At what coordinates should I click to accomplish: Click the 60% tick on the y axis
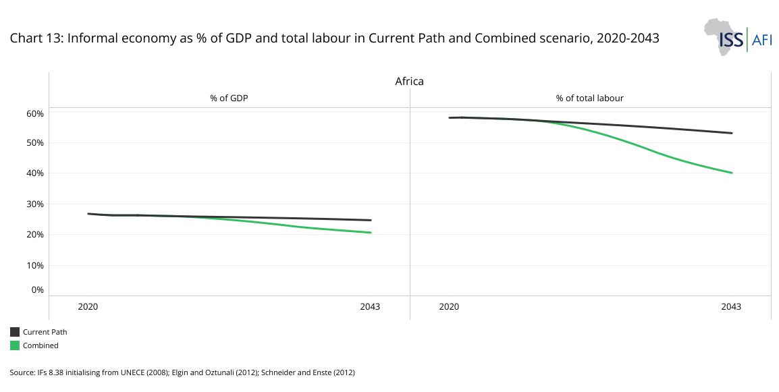(x=35, y=113)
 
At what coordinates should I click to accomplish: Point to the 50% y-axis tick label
(x=35, y=143)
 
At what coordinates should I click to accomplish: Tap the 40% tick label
(x=35, y=173)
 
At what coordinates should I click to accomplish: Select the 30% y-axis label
(x=35, y=204)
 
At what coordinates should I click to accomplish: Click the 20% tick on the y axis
(x=35, y=235)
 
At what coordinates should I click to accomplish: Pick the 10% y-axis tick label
(x=35, y=265)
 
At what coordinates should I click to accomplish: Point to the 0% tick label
(x=37, y=290)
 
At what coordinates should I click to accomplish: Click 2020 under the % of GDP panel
(x=88, y=307)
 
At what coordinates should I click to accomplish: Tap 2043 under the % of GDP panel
(x=370, y=307)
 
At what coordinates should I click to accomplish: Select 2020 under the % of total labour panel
(x=449, y=307)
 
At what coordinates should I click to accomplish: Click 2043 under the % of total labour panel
(x=731, y=307)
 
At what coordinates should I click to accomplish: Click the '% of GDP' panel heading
(x=229, y=99)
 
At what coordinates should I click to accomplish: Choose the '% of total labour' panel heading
(x=589, y=99)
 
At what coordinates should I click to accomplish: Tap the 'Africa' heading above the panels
(x=409, y=82)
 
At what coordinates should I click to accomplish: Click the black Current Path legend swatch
(x=15, y=332)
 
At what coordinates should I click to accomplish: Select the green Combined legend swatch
(x=15, y=345)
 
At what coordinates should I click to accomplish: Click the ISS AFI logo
(x=737, y=37)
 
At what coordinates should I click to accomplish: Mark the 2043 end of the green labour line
(x=732, y=173)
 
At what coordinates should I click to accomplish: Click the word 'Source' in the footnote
(x=21, y=372)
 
